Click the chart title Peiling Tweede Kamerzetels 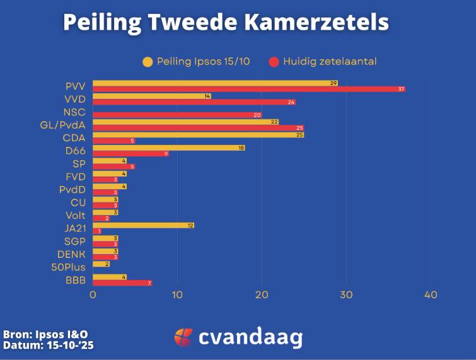coord(226,23)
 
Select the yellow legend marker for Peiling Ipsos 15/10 coord(148,62)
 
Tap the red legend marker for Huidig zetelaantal coord(274,62)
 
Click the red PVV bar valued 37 coord(248,90)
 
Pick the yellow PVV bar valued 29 coord(215,83)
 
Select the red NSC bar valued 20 coord(177,115)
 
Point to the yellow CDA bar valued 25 coord(198,134)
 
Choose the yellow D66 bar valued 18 coord(168,148)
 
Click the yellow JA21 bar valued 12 coord(143,225)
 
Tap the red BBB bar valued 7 coord(122,283)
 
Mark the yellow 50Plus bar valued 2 coord(101,264)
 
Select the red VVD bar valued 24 coord(194,102)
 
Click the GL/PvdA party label coord(62,125)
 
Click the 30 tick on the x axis coord(346,295)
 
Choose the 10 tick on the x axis coord(177,295)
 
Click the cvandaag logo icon coord(183,337)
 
